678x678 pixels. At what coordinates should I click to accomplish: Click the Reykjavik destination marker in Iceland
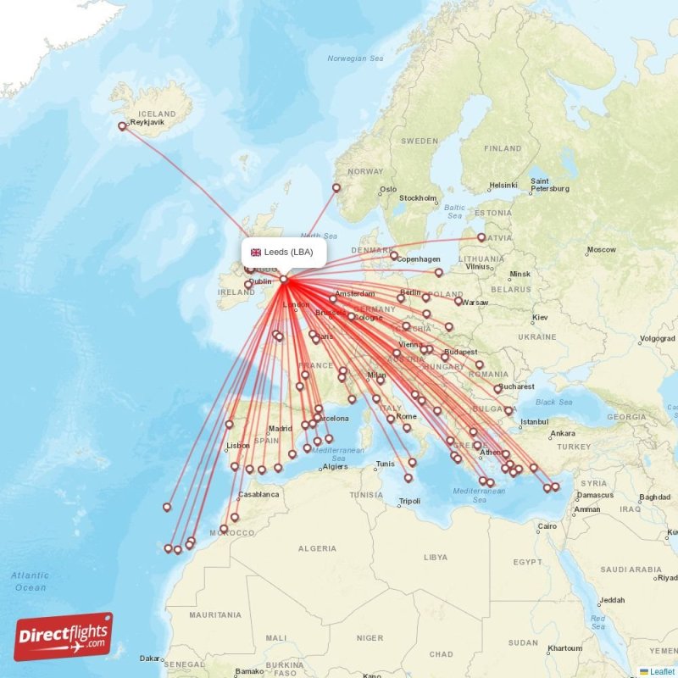click(x=122, y=127)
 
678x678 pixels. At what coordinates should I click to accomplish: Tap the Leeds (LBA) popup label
click(x=288, y=252)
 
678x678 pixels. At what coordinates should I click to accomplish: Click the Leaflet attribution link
click(x=662, y=671)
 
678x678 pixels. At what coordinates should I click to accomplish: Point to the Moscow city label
click(x=602, y=250)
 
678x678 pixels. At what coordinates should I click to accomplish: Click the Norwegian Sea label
click(x=355, y=58)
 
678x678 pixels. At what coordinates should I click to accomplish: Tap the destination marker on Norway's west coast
click(x=336, y=188)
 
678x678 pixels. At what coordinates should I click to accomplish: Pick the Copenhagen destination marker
click(x=394, y=255)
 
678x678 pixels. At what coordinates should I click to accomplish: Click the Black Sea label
click(x=554, y=403)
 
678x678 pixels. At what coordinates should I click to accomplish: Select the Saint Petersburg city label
click(x=549, y=185)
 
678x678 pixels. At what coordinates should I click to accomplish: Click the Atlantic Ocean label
click(x=31, y=581)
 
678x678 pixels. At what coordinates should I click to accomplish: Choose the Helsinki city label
click(x=503, y=186)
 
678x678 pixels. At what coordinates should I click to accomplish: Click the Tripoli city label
click(x=409, y=502)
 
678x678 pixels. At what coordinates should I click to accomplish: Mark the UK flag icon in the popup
click(x=255, y=252)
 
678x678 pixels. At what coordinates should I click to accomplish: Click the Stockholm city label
click(x=418, y=198)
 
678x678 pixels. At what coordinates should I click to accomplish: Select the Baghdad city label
click(x=654, y=497)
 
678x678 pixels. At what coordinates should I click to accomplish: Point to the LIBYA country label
click(x=435, y=557)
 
